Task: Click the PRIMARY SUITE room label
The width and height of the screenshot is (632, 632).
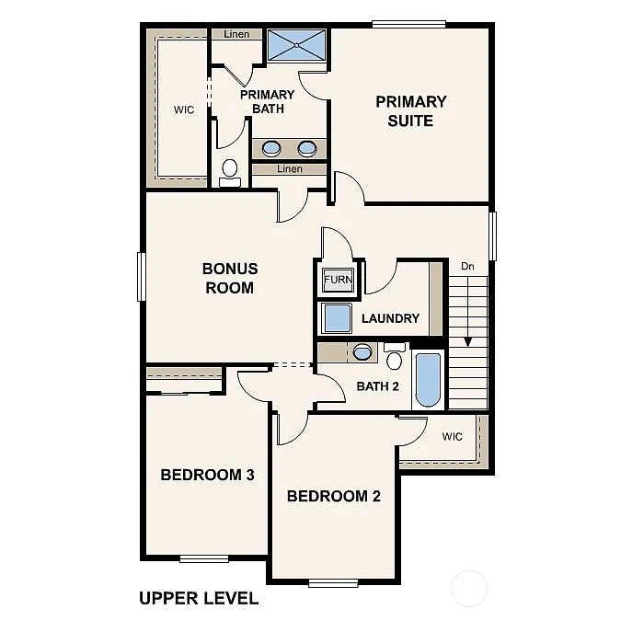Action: pyautogui.click(x=410, y=110)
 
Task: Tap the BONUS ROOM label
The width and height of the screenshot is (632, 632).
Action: pyautogui.click(x=230, y=278)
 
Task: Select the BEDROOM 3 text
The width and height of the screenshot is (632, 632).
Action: pyautogui.click(x=207, y=475)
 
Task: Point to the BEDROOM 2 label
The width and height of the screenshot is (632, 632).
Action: pyautogui.click(x=333, y=497)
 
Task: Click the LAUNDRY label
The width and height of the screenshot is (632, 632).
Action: pyautogui.click(x=390, y=318)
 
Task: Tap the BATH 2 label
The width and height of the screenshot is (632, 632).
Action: pyautogui.click(x=377, y=385)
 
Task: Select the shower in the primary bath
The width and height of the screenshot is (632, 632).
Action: pyautogui.click(x=297, y=44)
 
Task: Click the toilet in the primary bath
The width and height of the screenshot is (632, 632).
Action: pyautogui.click(x=230, y=170)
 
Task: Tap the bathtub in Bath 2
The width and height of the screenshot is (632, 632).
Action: pyautogui.click(x=428, y=377)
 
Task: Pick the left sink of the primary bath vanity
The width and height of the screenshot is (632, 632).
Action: pyautogui.click(x=271, y=147)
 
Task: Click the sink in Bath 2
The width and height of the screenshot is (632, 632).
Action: pyautogui.click(x=362, y=351)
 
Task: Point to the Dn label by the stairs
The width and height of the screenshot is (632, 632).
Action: pyautogui.click(x=467, y=267)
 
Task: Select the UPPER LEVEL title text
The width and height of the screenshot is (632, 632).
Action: pyautogui.click(x=198, y=598)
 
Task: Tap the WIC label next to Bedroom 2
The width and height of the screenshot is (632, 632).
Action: pyautogui.click(x=452, y=436)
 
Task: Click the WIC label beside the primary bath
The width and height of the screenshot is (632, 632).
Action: pyautogui.click(x=184, y=109)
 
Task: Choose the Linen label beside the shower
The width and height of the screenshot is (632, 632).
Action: pyautogui.click(x=236, y=34)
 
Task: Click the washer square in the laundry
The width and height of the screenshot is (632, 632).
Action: pyautogui.click(x=337, y=318)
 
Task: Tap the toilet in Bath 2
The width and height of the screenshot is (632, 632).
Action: pyautogui.click(x=396, y=356)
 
